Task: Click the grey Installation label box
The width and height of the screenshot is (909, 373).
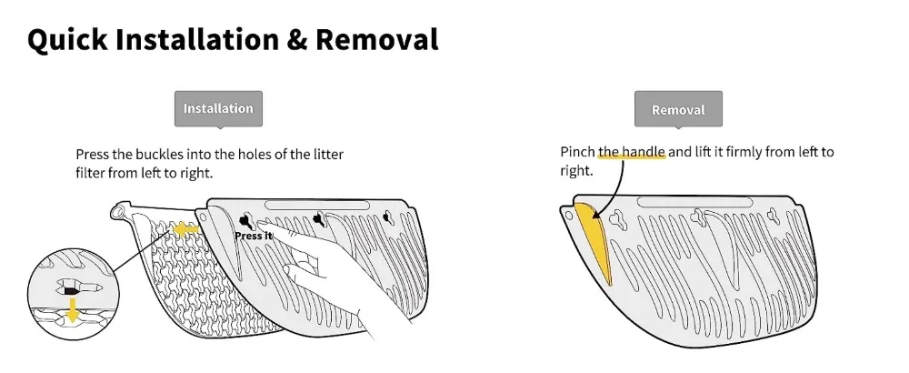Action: tap(218, 108)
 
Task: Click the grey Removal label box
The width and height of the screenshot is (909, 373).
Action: tap(678, 109)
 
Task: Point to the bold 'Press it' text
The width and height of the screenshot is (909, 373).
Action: tap(253, 236)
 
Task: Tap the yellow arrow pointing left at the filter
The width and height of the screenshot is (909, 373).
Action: tap(186, 230)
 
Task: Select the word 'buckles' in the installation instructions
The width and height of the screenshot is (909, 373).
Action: tap(157, 154)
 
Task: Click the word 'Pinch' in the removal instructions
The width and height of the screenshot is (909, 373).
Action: tap(577, 152)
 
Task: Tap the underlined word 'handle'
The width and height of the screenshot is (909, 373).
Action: tap(643, 152)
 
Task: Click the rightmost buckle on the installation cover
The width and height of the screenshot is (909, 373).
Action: tap(388, 217)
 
